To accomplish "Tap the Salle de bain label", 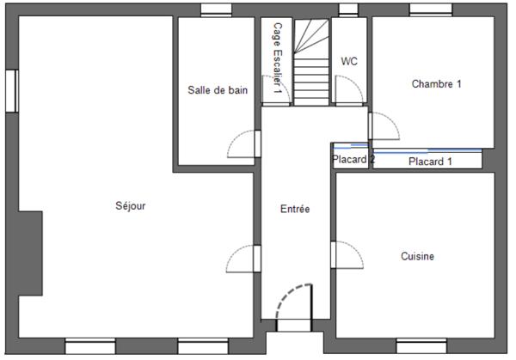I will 218,90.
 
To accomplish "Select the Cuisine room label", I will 417,256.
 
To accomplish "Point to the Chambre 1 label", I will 437,84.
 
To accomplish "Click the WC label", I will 349,61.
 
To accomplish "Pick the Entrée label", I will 295,209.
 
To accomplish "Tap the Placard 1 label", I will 430,161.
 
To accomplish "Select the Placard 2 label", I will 353,159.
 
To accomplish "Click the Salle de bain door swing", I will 244,144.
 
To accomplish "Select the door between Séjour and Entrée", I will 243,259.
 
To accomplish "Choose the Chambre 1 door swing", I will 384,126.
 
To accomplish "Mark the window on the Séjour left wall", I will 11,89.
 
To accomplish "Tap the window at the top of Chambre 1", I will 431,10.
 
